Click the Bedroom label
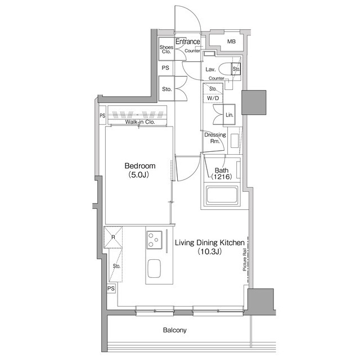pos(140,166)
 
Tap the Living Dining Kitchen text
pos(210,242)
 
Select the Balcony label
pos(175,330)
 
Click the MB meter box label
pos(231,42)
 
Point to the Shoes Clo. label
pos(166,49)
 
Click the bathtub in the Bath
pos(222,195)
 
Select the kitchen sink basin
pos(154,269)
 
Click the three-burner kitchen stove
pos(154,240)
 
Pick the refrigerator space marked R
pos(113,237)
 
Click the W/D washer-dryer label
pos(213,98)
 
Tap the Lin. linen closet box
pos(229,115)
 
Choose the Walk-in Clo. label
pos(140,122)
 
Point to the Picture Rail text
pos(245,260)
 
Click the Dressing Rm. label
pos(215,138)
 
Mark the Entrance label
pos(187,42)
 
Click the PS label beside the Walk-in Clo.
pos(102,115)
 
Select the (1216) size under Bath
pos(222,177)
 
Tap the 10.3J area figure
pos(210,251)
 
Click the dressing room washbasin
pos(235,141)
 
